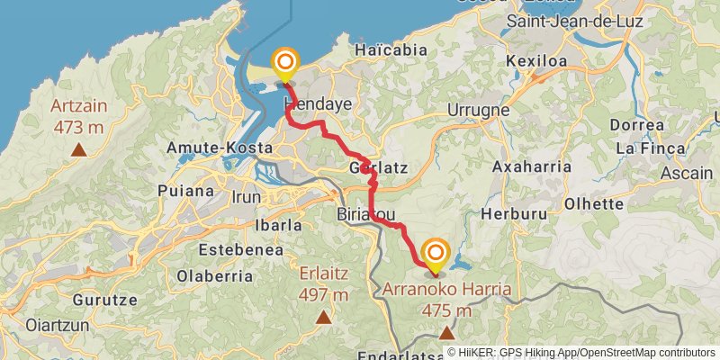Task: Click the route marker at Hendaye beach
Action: [286, 63]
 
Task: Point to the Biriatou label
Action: [366, 217]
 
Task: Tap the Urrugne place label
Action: [478, 110]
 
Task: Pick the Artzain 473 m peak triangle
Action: [79, 150]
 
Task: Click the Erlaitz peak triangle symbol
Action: [323, 316]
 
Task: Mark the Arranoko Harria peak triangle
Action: [447, 333]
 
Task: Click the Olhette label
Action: [594, 203]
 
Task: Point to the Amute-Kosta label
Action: [212, 147]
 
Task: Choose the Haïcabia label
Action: [391, 50]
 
